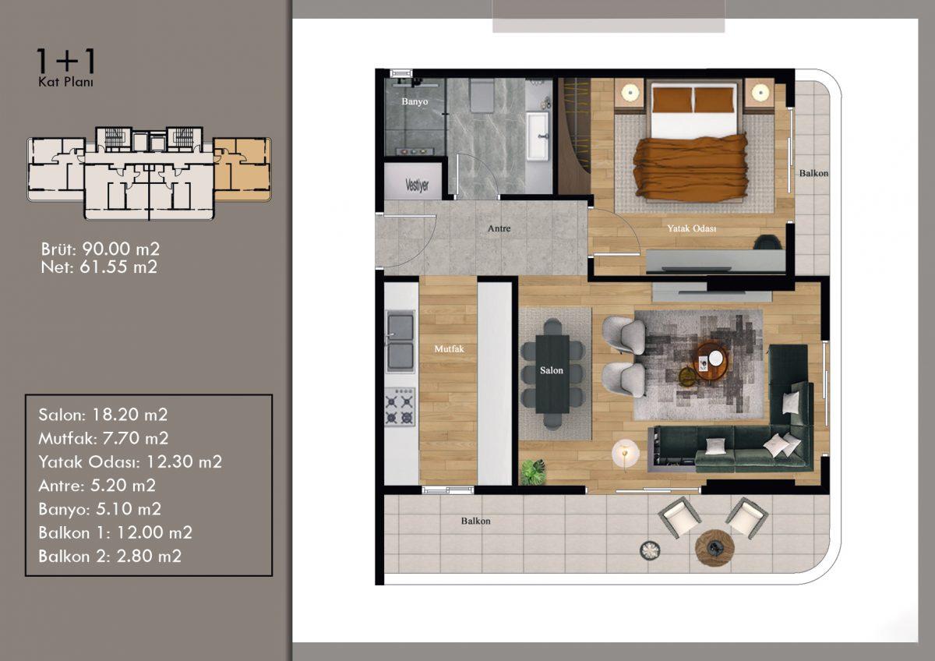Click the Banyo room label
(415, 101)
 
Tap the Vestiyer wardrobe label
(417, 185)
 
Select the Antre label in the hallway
(499, 228)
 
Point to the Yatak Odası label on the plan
(692, 228)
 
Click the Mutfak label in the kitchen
(449, 348)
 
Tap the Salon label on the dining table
(552, 370)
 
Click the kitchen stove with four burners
(400, 407)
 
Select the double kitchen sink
(400, 341)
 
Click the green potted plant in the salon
(533, 472)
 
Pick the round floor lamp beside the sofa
(625, 453)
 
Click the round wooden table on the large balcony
(714, 547)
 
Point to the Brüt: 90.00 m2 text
(101, 249)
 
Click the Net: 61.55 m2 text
(100, 267)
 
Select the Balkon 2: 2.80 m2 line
(110, 557)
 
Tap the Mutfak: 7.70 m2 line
(104, 438)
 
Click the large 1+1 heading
(66, 61)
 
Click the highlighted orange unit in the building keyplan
(242, 169)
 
